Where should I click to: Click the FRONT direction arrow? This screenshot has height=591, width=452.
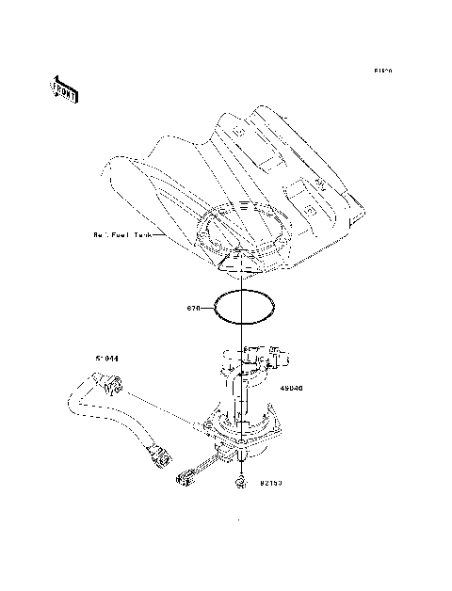coord(64,88)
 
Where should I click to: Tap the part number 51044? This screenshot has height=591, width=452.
coord(107,359)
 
